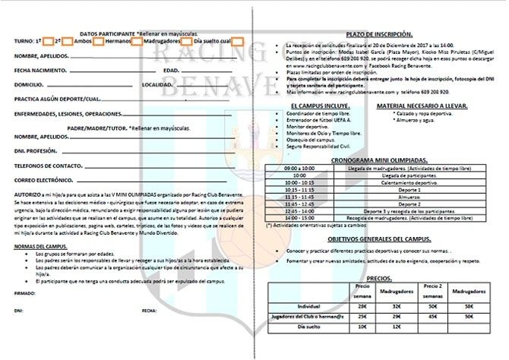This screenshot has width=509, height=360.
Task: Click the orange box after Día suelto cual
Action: click(x=239, y=42)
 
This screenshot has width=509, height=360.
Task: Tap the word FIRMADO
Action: click(x=24, y=292)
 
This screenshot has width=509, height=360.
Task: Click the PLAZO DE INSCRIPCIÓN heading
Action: click(x=379, y=35)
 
